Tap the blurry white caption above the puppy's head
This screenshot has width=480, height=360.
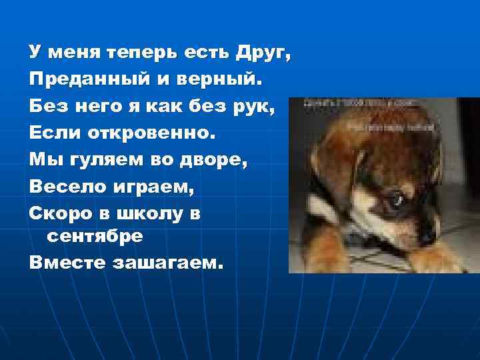point(360,109)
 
